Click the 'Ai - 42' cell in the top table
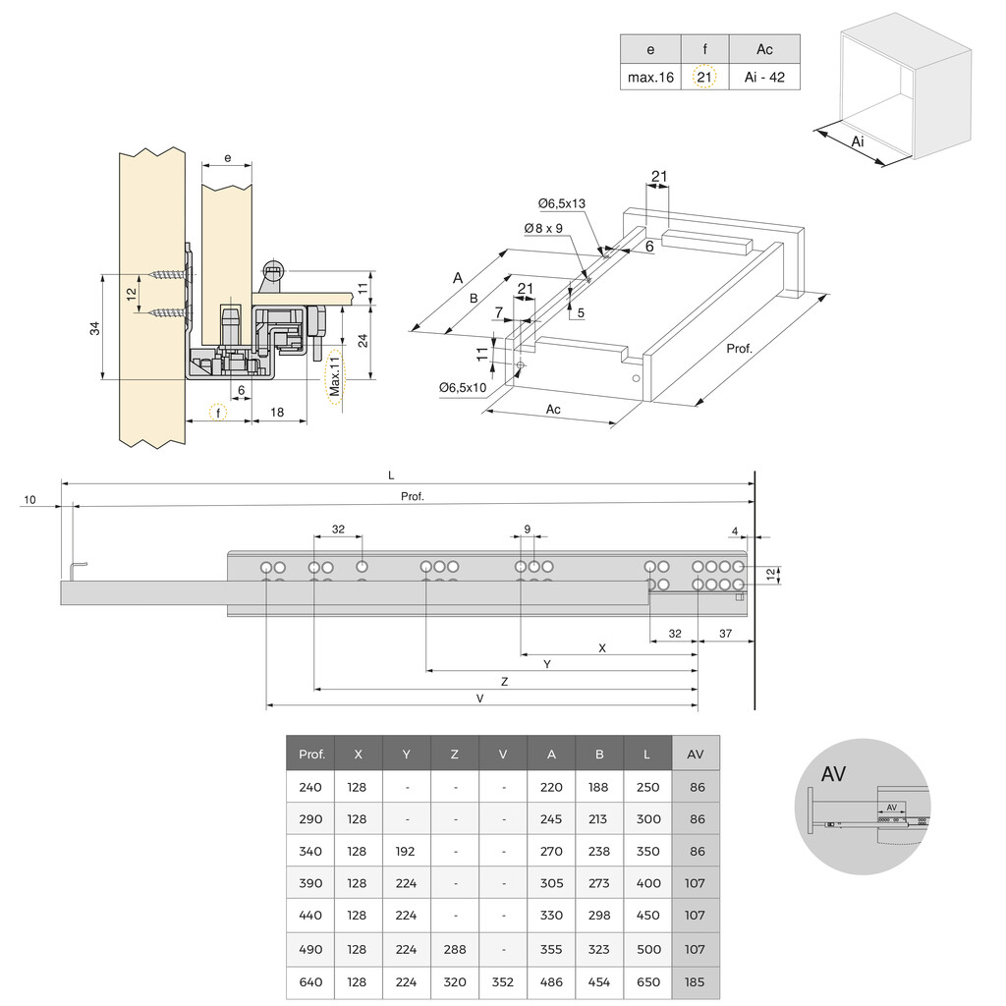click(x=764, y=77)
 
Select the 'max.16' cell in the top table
click(x=650, y=77)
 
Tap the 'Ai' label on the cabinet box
click(x=858, y=142)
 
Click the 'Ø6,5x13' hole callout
click(x=561, y=203)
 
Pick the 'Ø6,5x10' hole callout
click(x=463, y=387)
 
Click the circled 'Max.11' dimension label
click(x=335, y=376)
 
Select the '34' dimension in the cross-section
click(x=94, y=328)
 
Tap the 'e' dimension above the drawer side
click(x=227, y=157)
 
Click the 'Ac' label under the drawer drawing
click(x=553, y=409)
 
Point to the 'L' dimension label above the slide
click(x=391, y=475)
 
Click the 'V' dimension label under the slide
click(x=479, y=698)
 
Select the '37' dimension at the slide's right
click(x=725, y=634)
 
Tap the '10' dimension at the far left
click(x=29, y=499)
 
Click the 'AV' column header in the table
click(x=696, y=754)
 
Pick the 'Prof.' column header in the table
click(x=311, y=754)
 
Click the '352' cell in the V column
click(x=503, y=981)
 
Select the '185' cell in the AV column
click(x=696, y=981)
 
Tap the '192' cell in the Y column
click(x=407, y=851)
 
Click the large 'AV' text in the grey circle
click(x=833, y=774)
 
